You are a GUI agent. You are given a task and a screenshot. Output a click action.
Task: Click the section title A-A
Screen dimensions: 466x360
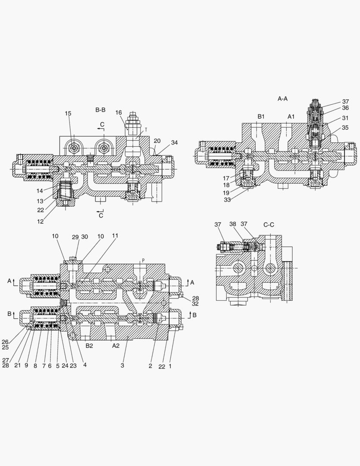tap(282, 99)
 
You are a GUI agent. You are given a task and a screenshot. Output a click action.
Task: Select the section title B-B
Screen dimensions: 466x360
tap(100, 110)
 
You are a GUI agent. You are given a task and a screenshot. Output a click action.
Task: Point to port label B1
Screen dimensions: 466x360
tap(261, 116)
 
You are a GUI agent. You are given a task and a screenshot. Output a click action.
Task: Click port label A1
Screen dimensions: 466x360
tap(291, 116)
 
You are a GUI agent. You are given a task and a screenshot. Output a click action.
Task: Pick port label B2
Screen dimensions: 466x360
tap(89, 346)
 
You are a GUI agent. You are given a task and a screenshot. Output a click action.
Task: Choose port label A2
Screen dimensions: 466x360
tap(116, 346)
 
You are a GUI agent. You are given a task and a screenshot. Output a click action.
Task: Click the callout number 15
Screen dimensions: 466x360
tap(68, 113)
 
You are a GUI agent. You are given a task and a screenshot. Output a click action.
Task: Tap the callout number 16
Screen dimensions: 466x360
tap(119, 113)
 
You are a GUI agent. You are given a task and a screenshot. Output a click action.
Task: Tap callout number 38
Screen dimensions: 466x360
tap(233, 224)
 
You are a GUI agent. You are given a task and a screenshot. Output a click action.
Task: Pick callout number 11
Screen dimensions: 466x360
tap(115, 236)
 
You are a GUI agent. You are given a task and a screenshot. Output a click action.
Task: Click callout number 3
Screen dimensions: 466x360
tap(122, 366)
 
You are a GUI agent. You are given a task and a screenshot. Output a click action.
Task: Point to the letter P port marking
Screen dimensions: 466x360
tap(143, 260)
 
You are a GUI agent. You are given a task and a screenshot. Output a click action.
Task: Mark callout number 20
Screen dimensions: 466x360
tap(157, 141)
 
